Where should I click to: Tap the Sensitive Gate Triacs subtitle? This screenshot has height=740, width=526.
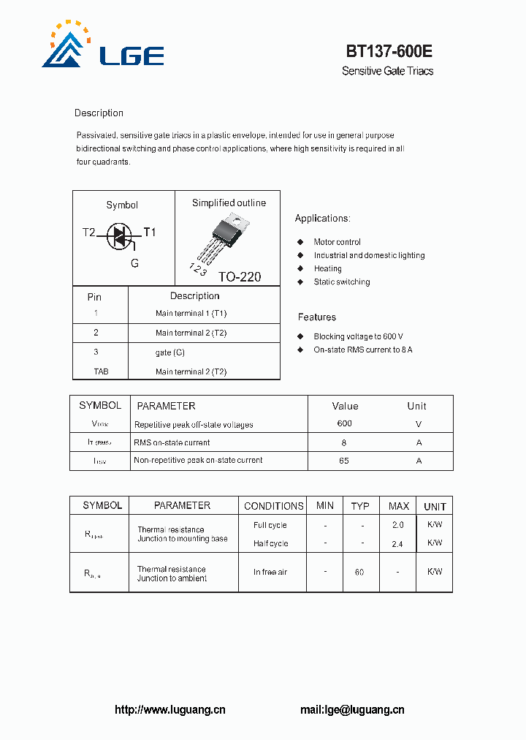387,71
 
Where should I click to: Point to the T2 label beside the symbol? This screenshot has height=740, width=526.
88,233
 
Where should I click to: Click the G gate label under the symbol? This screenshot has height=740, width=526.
134,263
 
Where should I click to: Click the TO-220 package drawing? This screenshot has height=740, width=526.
225,238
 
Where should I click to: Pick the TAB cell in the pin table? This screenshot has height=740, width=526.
101,371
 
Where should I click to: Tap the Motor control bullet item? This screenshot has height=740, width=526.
337,242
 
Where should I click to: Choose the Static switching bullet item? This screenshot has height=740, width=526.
341,282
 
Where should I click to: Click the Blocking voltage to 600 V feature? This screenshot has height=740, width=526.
358,336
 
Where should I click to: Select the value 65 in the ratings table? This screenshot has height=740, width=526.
344,461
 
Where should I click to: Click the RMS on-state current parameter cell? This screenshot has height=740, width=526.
172,442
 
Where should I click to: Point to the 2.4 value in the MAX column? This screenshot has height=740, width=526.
397,543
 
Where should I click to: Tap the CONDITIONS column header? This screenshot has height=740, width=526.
273,506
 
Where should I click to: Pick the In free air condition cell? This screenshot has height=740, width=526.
270,572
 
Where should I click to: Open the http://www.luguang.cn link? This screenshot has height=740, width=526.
170,709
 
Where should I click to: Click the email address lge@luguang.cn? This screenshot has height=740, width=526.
363,709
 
